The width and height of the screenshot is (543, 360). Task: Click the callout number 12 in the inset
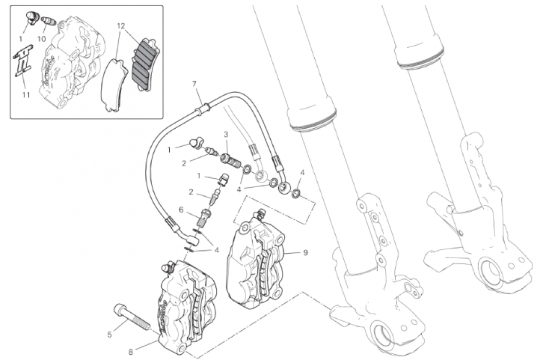tap(120, 26)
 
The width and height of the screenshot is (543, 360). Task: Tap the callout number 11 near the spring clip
tap(26, 94)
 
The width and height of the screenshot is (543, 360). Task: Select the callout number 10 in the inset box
tap(41, 39)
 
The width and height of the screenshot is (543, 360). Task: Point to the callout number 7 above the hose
tap(194, 84)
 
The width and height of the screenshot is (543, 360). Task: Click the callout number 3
tap(226, 134)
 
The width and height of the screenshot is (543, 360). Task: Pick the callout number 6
tap(181, 210)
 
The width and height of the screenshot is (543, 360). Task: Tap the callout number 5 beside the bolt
tap(109, 335)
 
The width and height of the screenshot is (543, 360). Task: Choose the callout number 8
tap(131, 353)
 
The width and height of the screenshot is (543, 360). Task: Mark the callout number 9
tap(305, 252)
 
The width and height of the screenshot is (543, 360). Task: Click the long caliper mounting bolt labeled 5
tap(132, 316)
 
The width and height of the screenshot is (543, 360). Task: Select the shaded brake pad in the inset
tap(145, 65)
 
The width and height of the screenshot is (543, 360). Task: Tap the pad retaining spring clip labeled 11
tap(23, 60)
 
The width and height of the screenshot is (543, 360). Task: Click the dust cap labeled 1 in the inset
tap(31, 18)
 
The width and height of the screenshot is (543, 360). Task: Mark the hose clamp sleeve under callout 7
tap(203, 109)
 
